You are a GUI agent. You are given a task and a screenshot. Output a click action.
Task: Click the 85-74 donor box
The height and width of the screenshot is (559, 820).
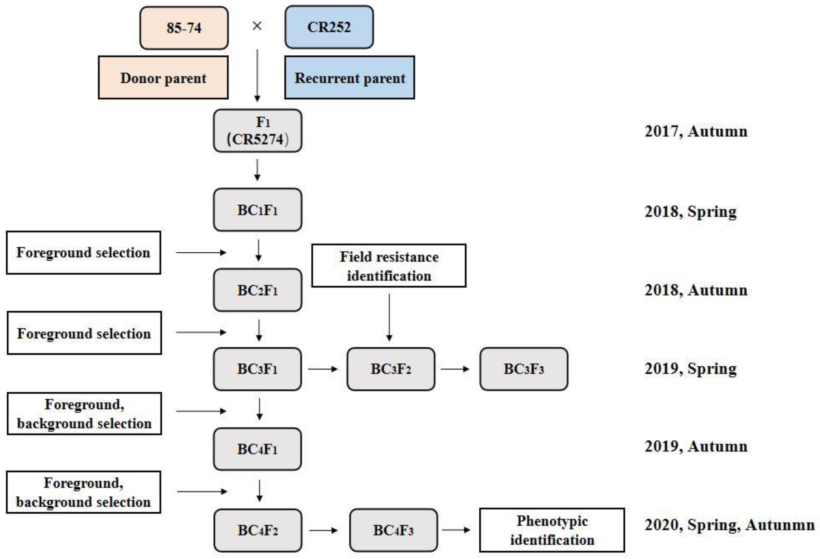184,28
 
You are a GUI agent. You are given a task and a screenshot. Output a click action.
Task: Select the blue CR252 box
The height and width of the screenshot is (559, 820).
329,27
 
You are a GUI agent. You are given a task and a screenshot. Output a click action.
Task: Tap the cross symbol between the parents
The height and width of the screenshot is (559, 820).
257,26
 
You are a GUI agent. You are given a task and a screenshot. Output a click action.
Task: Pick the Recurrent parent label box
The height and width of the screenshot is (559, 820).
349,78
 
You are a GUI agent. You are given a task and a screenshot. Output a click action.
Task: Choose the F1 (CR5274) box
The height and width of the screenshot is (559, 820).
258,131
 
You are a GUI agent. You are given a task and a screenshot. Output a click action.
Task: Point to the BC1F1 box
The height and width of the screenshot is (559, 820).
258,210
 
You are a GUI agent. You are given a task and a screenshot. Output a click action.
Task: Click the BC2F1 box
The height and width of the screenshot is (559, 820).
258,290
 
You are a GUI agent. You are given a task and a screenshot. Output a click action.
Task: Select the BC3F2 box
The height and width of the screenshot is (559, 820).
390,369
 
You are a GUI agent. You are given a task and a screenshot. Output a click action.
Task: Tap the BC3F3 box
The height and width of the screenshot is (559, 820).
524,369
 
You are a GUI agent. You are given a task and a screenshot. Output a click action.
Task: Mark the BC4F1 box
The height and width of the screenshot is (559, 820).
258,449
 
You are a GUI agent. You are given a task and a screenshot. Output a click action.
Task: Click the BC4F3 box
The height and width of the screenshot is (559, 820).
393,530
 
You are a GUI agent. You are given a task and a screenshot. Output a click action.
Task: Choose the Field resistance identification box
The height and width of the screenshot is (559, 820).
389,266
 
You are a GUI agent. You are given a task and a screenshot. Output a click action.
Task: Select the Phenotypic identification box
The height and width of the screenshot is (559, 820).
552,530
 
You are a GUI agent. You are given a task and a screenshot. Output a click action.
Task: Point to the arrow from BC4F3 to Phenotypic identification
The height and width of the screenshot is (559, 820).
456,530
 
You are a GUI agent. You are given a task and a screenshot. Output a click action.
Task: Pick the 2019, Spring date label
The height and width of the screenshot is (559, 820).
691,369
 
